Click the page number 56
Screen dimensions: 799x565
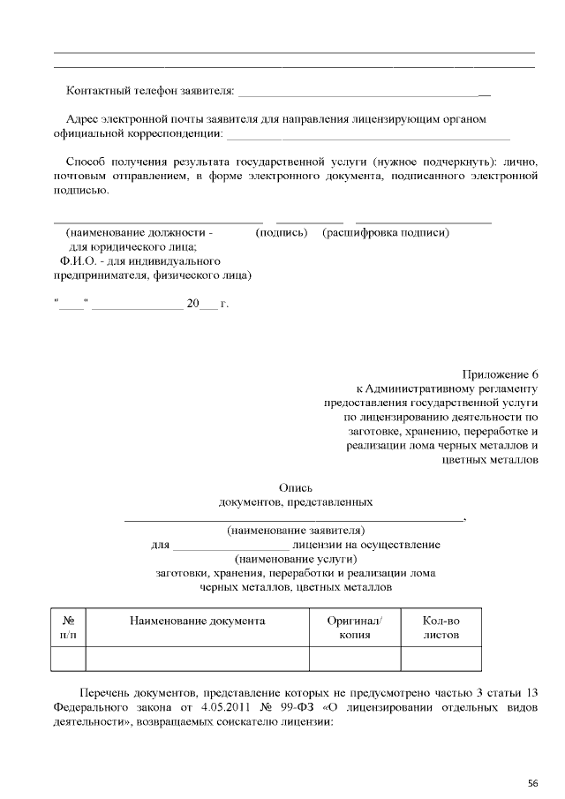tap(533, 783)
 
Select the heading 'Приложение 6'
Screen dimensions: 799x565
tap(499, 373)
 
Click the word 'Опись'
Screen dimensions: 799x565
tap(295, 487)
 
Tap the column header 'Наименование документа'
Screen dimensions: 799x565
tap(197, 622)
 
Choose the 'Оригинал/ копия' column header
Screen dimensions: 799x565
tap(354, 628)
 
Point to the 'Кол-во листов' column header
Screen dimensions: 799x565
tap(441, 628)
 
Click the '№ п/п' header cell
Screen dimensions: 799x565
tap(69, 628)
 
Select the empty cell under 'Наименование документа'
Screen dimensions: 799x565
tap(197, 659)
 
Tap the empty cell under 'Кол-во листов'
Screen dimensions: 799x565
tap(441, 659)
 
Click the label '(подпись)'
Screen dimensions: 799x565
tap(281, 233)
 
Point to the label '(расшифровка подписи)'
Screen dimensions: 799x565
tap(387, 233)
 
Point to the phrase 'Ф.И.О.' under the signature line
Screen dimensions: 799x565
tap(79, 262)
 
